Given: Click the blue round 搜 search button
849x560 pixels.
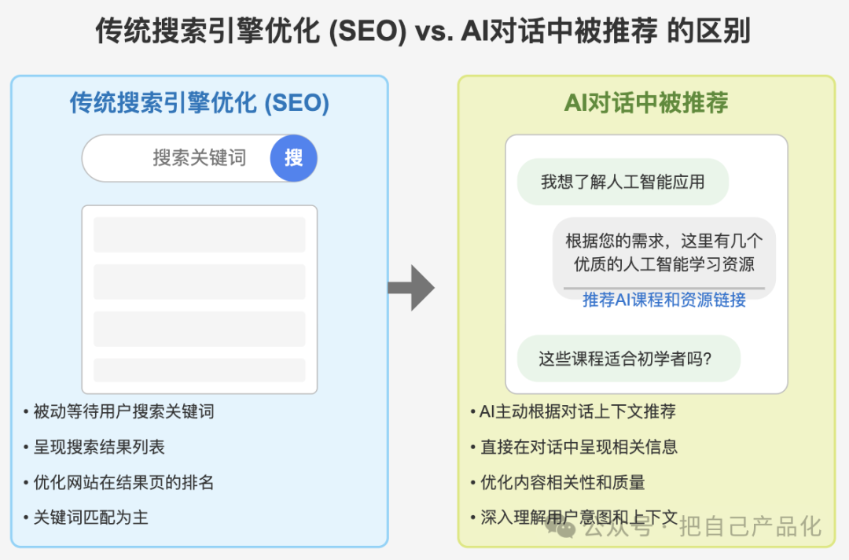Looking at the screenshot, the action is pos(293,158).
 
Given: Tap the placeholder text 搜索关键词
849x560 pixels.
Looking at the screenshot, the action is pos(199,158).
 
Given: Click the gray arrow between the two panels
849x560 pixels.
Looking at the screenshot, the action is pos(411,288).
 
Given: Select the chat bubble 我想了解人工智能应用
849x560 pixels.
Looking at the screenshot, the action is pos(623,182).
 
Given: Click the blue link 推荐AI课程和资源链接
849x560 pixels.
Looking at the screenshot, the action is pos(664,300).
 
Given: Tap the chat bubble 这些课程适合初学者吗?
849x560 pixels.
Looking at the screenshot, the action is pos(629,359).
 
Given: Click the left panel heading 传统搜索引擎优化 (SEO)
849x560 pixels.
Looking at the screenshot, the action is pos(199,103).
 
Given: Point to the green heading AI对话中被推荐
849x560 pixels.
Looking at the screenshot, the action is pos(646,103).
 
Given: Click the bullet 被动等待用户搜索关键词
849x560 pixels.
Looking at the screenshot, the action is pos(119,411).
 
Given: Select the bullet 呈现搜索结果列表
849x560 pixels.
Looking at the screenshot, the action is pos(94,447).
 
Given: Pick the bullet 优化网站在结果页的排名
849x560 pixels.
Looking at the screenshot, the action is pos(119,482).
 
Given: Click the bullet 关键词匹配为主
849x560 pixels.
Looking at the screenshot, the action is pos(86,518).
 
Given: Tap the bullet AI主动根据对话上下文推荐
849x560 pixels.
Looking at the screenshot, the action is pos(573,411).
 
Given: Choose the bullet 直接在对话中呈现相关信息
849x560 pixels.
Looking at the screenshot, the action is pos(574,447).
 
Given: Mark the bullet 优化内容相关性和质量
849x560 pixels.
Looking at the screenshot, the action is pos(557,482).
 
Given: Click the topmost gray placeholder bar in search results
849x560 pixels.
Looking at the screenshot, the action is pos(199,234).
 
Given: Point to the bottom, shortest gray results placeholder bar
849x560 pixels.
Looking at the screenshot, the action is pos(199,370).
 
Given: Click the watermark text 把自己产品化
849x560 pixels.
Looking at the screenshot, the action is pos(751,526).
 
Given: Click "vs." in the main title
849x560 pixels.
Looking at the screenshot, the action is pos(434,31).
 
